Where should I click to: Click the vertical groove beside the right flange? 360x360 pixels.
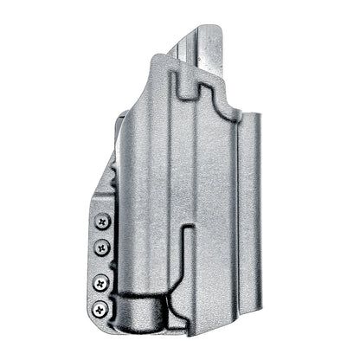tap(236, 216)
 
